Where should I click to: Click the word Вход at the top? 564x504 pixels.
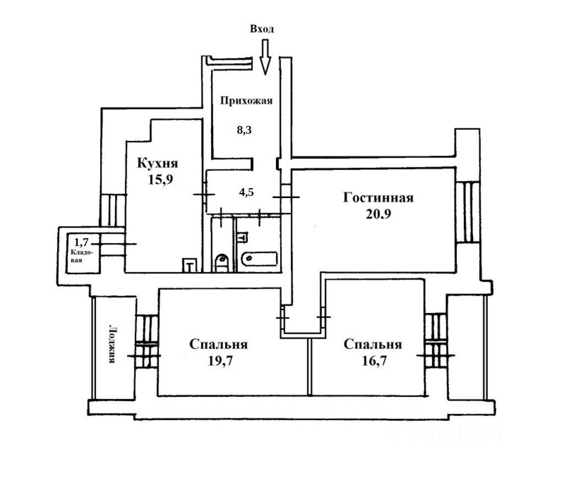coord(262,29)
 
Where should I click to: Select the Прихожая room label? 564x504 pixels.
coord(246,101)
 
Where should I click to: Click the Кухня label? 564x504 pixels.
coord(158,163)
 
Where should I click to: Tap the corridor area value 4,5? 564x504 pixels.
coord(246,193)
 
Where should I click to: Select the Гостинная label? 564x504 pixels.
coord(378,198)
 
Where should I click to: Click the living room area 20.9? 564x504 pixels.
coord(378,214)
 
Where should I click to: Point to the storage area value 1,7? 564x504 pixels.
coord(82,240)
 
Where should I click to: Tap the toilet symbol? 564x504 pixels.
coord(222,261)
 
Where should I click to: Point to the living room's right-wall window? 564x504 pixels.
coord(468,212)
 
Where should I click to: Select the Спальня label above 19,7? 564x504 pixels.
coord(218,345)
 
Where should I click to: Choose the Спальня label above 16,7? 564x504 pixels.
coord(372,345)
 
